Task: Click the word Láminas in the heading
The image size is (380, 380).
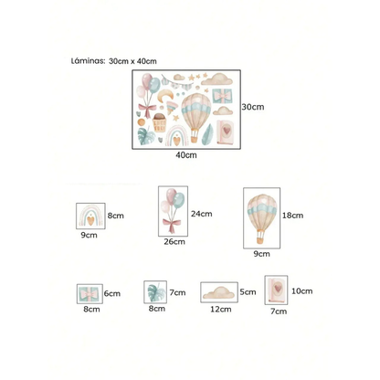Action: (88, 61)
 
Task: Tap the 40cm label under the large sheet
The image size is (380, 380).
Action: (186, 155)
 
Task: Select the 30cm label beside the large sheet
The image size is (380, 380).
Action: (253, 107)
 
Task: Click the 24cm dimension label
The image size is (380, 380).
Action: (201, 214)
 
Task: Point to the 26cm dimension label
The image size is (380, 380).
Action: (174, 242)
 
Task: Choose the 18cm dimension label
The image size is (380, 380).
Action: (292, 216)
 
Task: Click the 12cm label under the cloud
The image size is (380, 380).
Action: (221, 310)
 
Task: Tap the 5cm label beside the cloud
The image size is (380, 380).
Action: (248, 292)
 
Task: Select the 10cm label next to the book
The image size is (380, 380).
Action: (302, 291)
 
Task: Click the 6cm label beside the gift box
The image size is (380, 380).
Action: (112, 293)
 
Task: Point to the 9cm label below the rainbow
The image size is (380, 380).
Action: (89, 235)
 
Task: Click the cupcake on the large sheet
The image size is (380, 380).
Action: (160, 122)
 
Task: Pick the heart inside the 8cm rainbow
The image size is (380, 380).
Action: (90, 220)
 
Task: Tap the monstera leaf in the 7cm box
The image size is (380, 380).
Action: (156, 292)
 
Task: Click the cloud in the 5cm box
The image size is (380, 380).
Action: (219, 293)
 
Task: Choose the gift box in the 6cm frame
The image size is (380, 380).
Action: (90, 294)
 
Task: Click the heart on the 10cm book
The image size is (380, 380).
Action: (278, 288)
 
